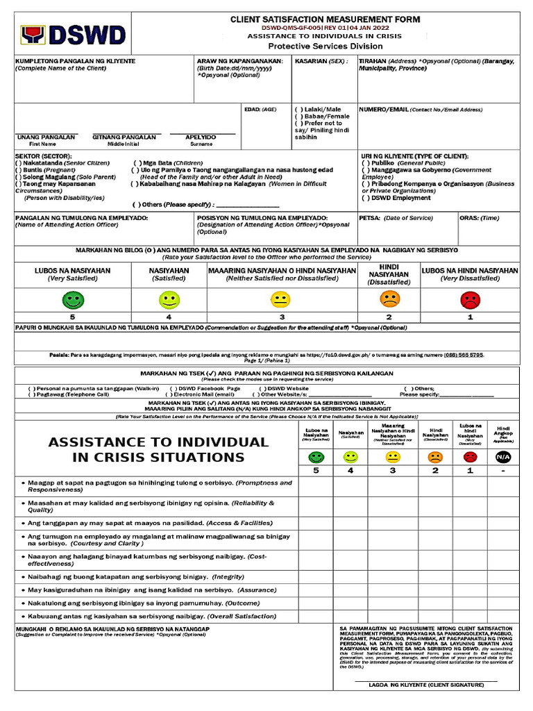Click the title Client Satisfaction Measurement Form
325,20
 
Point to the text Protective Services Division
325,46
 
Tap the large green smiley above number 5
72,300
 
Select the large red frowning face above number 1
470,300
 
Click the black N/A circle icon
502,457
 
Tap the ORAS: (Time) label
480,217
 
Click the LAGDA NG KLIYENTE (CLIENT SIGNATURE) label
426,685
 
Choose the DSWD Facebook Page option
205,388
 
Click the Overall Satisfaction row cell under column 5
316,616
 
